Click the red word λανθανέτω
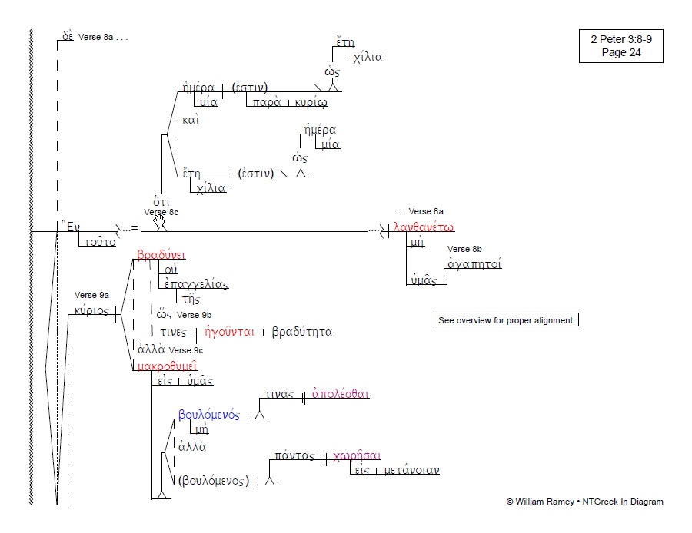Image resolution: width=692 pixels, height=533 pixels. tap(424, 228)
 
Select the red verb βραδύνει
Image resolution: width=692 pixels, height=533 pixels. tap(161, 255)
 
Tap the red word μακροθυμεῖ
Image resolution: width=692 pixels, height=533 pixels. tap(167, 366)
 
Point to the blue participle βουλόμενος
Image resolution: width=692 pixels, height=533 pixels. tap(208, 415)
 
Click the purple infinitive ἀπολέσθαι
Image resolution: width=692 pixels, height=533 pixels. tap(341, 395)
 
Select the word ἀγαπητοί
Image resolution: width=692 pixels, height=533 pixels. tap(474, 265)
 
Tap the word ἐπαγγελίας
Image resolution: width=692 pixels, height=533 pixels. tap(196, 284)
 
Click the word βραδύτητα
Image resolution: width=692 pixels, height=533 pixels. tap(302, 333)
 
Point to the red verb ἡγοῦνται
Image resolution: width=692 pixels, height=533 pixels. tap(230, 333)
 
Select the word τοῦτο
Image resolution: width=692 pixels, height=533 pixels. tap(100, 242)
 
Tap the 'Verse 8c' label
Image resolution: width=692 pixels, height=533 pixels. tap(161, 212)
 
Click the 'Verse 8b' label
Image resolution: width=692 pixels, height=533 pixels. tap(464, 250)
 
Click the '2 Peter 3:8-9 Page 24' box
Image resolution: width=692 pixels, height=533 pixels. tap(620, 45)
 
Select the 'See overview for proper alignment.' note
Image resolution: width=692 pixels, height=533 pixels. tap(506, 319)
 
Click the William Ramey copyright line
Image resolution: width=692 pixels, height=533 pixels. tap(584, 502)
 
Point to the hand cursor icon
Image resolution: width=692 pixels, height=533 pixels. tap(160, 222)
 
